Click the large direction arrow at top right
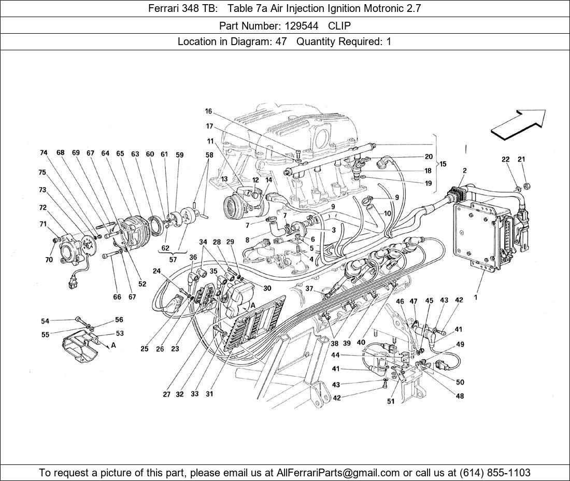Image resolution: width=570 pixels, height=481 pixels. point(518,125)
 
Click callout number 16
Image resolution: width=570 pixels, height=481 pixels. point(208,111)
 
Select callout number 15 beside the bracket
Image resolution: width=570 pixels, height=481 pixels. point(443,164)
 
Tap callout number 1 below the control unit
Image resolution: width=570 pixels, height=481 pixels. point(475,298)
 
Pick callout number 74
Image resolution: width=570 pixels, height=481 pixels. point(44,153)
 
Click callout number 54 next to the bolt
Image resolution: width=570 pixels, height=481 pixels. point(45,321)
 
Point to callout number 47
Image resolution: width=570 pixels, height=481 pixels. point(414,301)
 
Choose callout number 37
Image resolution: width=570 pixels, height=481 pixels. point(309,289)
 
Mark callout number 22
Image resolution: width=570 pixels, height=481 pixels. point(506,160)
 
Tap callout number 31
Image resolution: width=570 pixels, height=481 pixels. point(209,394)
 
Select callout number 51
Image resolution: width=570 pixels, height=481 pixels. point(391,401)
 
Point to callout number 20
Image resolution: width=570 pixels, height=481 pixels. point(429,157)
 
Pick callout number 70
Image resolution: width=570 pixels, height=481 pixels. point(49,260)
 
